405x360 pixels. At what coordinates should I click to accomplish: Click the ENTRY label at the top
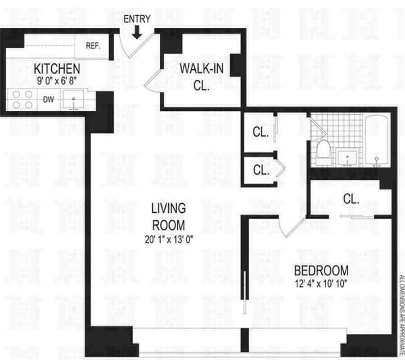[x=137, y=19]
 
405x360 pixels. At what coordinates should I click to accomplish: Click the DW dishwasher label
[x=49, y=99]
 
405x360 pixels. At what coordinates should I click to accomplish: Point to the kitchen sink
[x=73, y=99]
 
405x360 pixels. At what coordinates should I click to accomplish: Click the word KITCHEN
[x=57, y=69]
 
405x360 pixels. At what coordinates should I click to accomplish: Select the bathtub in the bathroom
[x=378, y=140]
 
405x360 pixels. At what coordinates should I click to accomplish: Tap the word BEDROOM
[x=321, y=270]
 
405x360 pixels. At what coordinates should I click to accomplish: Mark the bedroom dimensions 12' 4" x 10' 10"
[x=321, y=283]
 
